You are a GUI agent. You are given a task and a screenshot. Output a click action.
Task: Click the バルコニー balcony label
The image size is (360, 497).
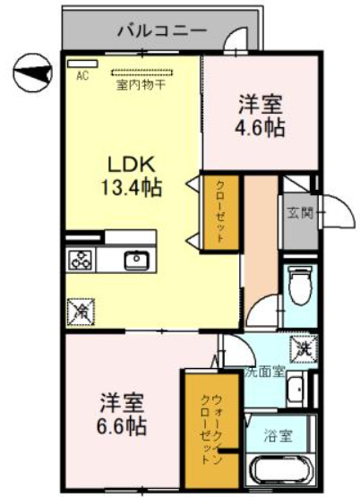pyautogui.click(x=162, y=31)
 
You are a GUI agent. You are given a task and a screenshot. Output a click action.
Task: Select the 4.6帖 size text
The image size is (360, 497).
pyautogui.click(x=260, y=127)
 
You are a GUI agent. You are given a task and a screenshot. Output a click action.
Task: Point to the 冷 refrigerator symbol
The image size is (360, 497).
pyautogui.click(x=79, y=313)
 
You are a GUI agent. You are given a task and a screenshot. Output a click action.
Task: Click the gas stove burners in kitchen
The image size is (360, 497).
pyautogui.click(x=80, y=261)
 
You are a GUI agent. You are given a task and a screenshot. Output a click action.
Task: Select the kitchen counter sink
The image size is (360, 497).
pyautogui.click(x=136, y=261)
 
